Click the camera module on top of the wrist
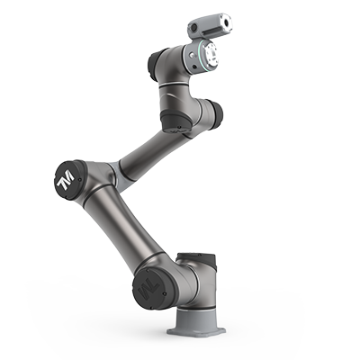(210, 25)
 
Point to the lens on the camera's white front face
(226, 22)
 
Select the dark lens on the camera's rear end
(194, 28)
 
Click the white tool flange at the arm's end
(211, 55)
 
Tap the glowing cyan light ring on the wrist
(199, 55)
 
